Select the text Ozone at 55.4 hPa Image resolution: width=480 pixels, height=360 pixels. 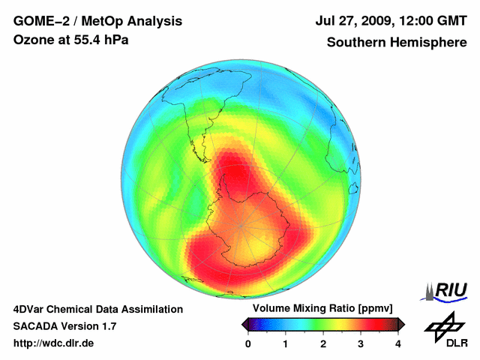(x=71, y=40)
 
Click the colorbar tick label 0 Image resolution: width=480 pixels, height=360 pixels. (x=248, y=343)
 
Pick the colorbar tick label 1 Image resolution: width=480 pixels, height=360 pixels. (x=286, y=343)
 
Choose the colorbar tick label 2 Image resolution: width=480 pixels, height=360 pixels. (x=323, y=343)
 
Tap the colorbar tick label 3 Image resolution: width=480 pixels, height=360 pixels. (x=361, y=343)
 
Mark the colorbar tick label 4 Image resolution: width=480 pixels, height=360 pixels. (x=398, y=343)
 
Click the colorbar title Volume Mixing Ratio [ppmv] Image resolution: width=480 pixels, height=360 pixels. (x=322, y=308)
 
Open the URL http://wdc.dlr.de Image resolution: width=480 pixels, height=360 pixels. (x=54, y=343)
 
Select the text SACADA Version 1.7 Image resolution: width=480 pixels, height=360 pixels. (x=65, y=326)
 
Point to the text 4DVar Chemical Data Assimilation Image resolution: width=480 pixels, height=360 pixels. (x=97, y=309)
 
